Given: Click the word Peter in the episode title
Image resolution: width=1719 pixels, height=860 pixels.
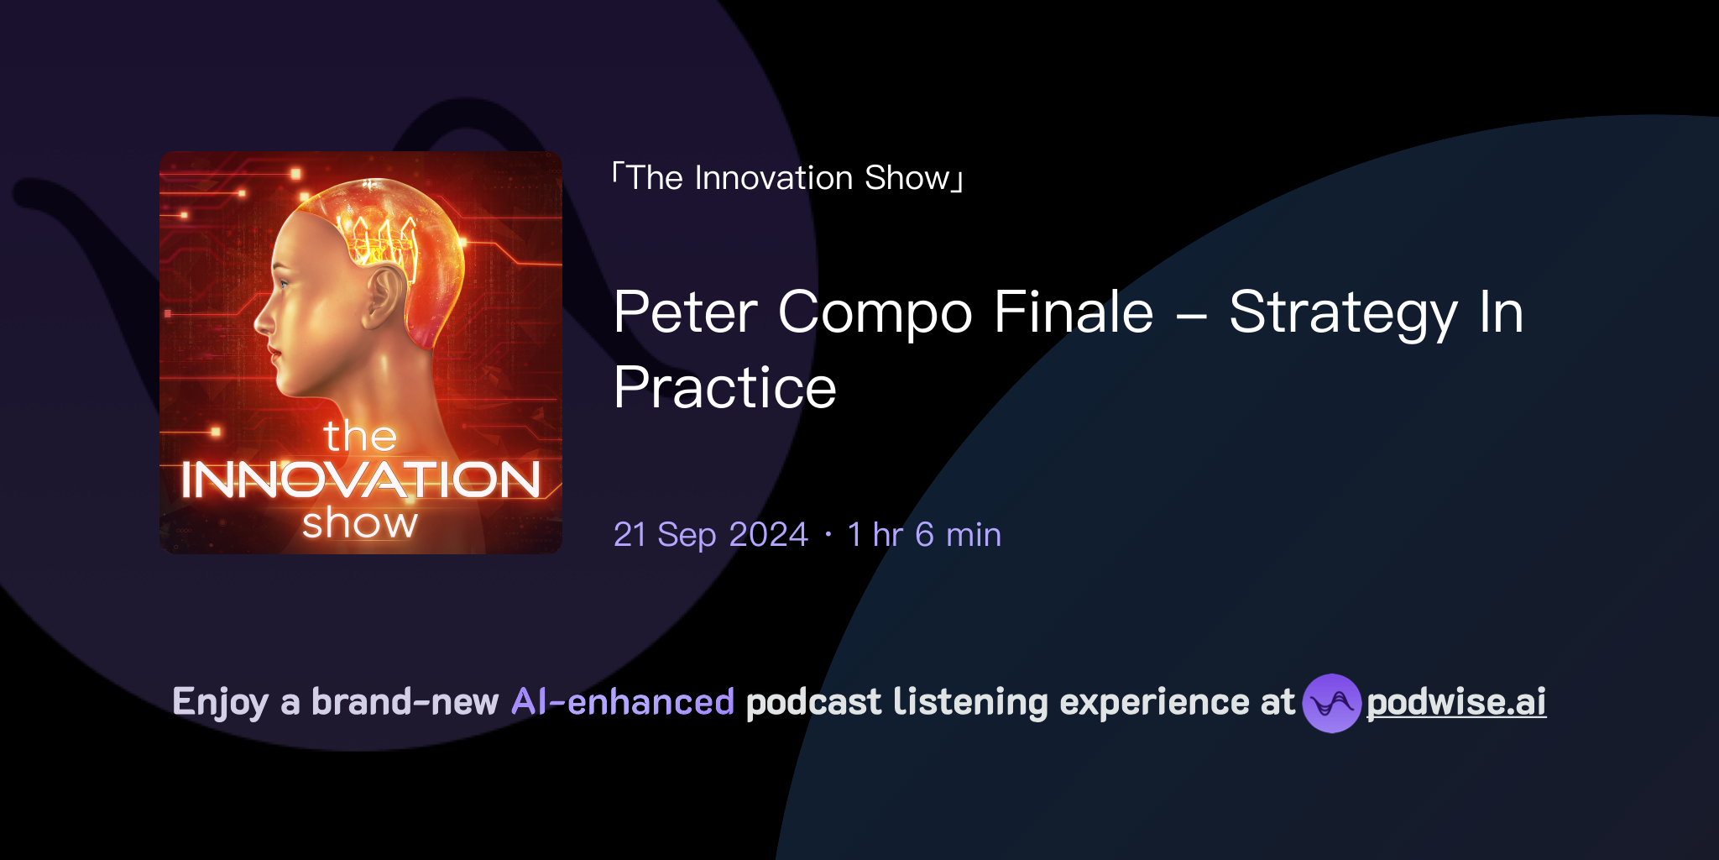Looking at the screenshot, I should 685,312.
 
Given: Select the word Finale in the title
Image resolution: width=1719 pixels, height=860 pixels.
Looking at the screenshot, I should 1074,312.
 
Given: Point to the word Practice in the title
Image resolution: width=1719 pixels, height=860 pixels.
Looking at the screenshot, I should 724,388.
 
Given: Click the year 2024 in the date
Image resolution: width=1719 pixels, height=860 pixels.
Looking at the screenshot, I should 768,535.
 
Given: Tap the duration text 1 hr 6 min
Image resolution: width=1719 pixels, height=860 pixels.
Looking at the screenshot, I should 924,535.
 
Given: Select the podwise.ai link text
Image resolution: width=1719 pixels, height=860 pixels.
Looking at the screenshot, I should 1455,702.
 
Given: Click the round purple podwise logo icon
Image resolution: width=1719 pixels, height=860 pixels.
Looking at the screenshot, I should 1331,703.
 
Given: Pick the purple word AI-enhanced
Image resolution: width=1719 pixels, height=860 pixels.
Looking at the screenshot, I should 623,702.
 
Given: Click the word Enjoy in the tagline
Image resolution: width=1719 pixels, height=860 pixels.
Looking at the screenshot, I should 220,702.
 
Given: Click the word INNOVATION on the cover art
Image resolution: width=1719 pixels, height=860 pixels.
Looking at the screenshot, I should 360,480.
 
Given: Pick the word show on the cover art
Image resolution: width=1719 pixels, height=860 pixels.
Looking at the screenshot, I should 360,523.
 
